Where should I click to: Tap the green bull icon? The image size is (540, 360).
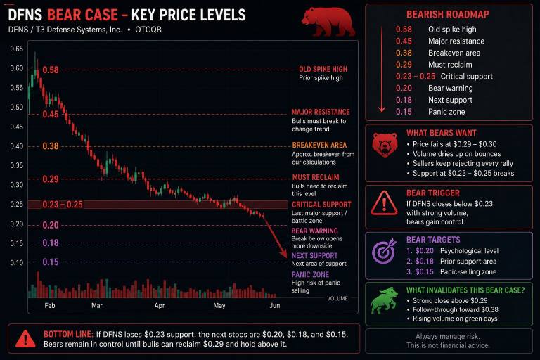click(x=383, y=301)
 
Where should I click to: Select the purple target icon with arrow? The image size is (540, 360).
click(x=385, y=251)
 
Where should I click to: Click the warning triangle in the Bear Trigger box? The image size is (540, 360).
click(x=384, y=203)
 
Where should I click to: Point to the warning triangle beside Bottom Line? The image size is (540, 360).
click(x=25, y=339)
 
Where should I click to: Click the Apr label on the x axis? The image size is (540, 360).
click(x=160, y=306)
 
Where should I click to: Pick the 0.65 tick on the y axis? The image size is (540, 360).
click(x=17, y=49)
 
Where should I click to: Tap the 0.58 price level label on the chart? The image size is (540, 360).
click(x=51, y=70)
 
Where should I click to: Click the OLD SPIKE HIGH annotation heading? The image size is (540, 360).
click(x=323, y=69)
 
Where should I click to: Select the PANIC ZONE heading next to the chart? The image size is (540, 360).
click(x=310, y=274)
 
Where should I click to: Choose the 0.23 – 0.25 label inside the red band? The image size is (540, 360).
click(x=63, y=205)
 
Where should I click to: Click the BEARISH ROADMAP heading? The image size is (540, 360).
click(x=448, y=15)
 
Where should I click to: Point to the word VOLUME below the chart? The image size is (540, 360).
click(x=337, y=298)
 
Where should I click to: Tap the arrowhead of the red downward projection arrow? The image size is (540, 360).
click(x=283, y=254)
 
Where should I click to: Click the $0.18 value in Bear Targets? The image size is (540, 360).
click(x=424, y=261)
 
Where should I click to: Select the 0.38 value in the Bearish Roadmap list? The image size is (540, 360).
click(x=404, y=53)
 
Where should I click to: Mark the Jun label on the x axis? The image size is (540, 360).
click(x=274, y=306)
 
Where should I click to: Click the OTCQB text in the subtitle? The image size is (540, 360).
click(x=148, y=30)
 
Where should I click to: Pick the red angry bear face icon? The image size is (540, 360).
click(x=385, y=145)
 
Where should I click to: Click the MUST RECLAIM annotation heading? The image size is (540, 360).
click(x=316, y=177)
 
